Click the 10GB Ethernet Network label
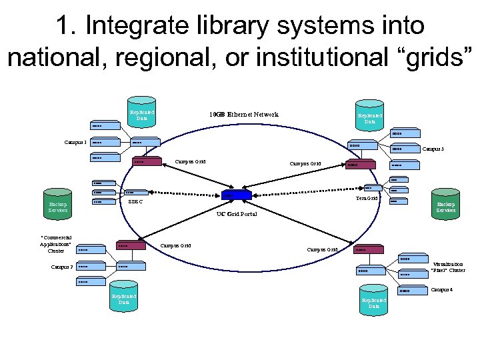[x=243, y=115]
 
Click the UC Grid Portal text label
[x=237, y=214]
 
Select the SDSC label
[x=135, y=202]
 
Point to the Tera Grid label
[x=367, y=198]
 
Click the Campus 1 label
[x=75, y=142]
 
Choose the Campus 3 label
[x=433, y=149]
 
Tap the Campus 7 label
[x=61, y=267]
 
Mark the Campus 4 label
[x=441, y=289]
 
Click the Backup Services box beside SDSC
[x=58, y=206]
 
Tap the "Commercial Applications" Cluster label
[x=56, y=243]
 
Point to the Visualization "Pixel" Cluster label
[x=448, y=267]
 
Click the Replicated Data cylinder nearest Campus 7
[x=124, y=298]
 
